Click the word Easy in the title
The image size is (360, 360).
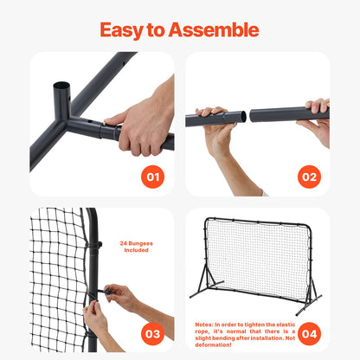pyautogui.click(x=121, y=29)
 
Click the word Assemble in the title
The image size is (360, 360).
pyautogui.click(x=216, y=29)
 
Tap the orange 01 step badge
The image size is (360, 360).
pyautogui.click(x=152, y=177)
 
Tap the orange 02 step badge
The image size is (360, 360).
pyautogui.click(x=309, y=177)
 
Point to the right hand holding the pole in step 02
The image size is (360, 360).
pyautogui.click(x=317, y=117)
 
